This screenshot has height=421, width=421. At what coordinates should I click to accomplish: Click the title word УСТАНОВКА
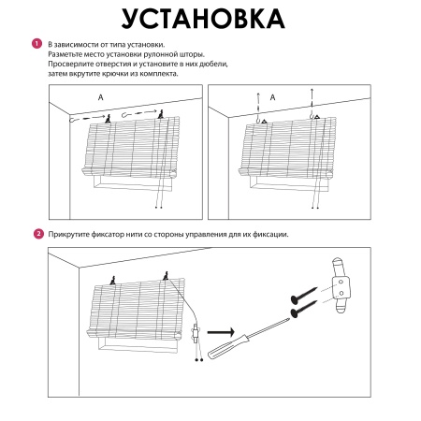click(x=203, y=19)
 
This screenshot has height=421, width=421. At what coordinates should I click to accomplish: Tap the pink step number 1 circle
click(x=36, y=44)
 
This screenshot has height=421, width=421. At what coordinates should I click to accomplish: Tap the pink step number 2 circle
click(x=38, y=234)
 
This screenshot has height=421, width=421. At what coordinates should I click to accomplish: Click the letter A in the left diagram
click(x=100, y=97)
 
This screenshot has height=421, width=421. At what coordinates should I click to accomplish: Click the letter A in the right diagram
click(x=272, y=97)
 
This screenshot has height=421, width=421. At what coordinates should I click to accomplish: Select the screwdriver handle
click(x=227, y=347)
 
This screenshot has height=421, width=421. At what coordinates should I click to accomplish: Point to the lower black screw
click(x=304, y=309)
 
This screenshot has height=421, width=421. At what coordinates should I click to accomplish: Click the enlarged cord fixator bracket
click(x=341, y=285)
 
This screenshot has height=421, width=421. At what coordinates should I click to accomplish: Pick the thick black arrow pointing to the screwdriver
click(x=221, y=332)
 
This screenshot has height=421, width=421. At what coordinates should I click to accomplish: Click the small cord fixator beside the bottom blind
click(x=196, y=334)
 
